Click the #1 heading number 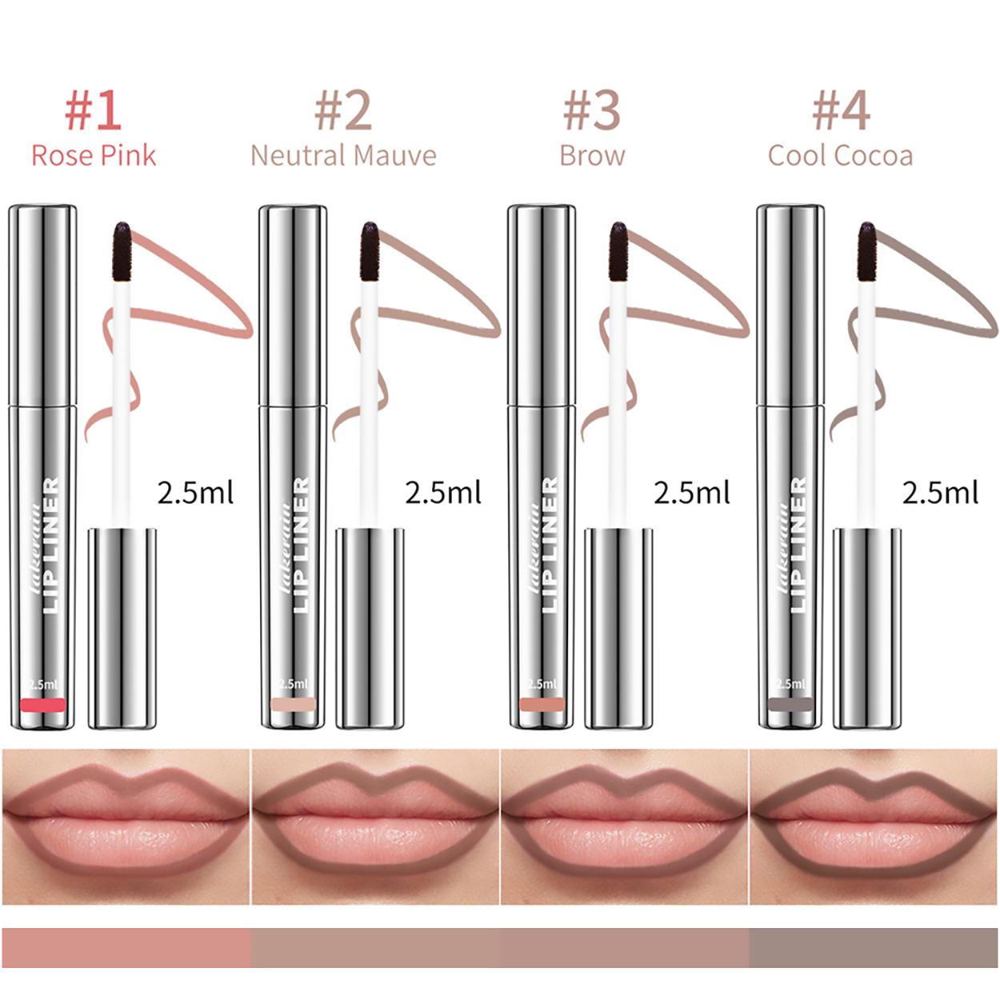(93, 110)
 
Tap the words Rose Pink (94, 155)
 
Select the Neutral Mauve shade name (343, 155)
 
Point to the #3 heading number (591, 110)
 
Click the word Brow (592, 155)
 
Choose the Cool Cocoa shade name (840, 155)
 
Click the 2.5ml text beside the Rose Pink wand (195, 492)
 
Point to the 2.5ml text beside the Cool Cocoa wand (940, 492)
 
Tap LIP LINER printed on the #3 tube (550, 544)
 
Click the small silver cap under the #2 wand (370, 628)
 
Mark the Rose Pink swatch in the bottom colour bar (126, 947)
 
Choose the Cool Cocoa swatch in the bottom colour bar (873, 947)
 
